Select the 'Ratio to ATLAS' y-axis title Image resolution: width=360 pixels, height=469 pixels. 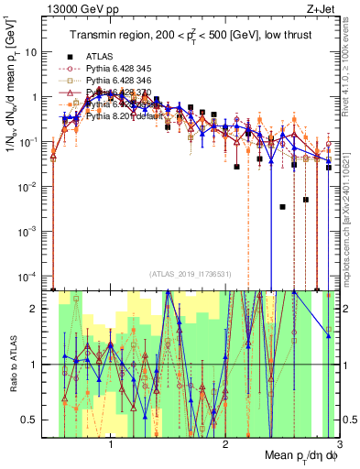click(x=11, y=365)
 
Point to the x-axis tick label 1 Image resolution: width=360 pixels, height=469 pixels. click(x=112, y=448)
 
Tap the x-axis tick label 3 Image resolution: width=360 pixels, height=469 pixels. click(x=338, y=448)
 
